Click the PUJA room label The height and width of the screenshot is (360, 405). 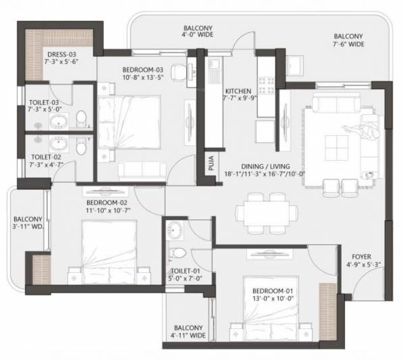pos(210,163)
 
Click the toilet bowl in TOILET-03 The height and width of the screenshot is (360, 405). pos(81,119)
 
